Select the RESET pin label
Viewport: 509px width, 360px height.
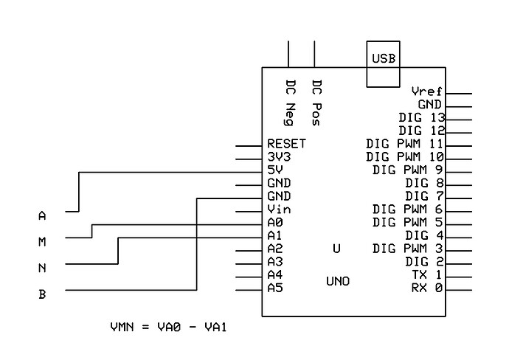[x=286, y=144]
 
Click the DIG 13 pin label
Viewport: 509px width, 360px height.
[x=420, y=118]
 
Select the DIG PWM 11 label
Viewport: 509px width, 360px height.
[x=404, y=144]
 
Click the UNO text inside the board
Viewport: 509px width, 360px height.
[x=338, y=282]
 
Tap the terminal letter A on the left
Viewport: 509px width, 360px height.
[x=42, y=216]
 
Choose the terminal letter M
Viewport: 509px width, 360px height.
[x=42, y=242]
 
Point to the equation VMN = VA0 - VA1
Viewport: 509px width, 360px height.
[x=167, y=326]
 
